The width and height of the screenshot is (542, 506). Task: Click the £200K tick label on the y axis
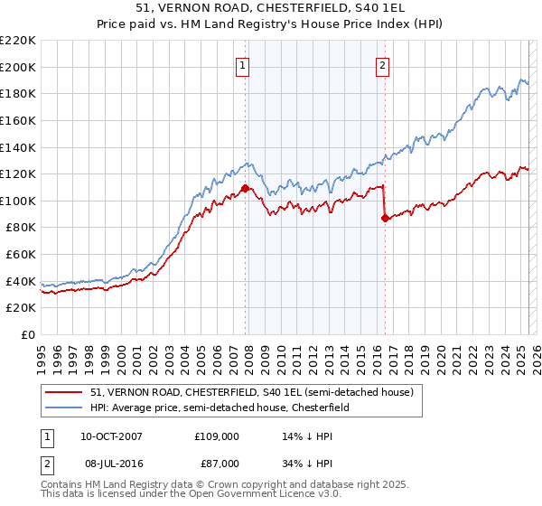click(18, 67)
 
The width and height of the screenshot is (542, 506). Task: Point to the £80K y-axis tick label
click(21, 229)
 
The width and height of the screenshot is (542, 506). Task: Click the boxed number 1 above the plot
click(244, 64)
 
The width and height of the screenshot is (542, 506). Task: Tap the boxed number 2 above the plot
click(383, 64)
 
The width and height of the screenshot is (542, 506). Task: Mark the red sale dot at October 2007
click(245, 189)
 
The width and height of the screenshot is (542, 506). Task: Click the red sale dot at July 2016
click(385, 218)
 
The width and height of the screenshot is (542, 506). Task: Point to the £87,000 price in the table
click(217, 462)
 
